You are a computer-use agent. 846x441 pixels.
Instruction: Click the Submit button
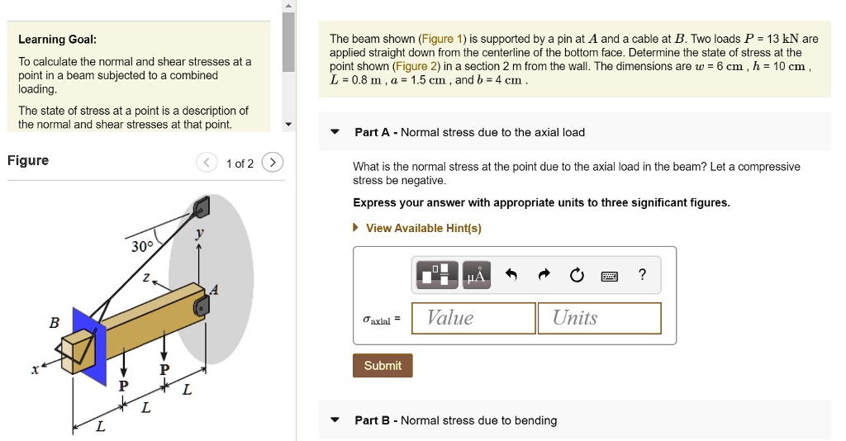click(383, 365)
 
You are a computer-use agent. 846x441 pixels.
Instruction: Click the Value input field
click(480, 318)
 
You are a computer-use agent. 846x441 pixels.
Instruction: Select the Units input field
click(600, 318)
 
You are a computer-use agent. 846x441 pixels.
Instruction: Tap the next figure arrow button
click(273, 163)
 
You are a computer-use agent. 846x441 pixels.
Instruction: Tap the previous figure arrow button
click(207, 163)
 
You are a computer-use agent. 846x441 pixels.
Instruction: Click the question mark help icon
click(643, 275)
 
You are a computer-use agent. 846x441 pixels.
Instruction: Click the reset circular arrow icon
click(577, 275)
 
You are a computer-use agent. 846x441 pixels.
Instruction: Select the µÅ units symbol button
click(477, 275)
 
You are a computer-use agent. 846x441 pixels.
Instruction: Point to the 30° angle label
click(142, 247)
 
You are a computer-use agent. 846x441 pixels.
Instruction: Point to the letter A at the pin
click(215, 289)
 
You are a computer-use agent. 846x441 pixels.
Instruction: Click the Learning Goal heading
click(58, 40)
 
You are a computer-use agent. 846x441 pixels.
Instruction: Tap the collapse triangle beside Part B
click(335, 420)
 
